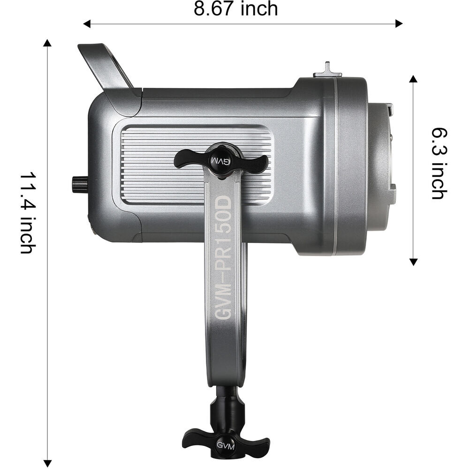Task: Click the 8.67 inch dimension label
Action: click(236, 9)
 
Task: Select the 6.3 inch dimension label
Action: click(439, 164)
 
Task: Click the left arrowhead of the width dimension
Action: click(86, 23)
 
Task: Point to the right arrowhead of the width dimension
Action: click(399, 23)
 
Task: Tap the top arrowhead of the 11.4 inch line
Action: click(47, 43)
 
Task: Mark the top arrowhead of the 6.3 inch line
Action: click(413, 79)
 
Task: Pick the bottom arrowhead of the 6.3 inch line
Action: click(413, 262)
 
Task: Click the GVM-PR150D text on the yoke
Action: click(223, 257)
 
